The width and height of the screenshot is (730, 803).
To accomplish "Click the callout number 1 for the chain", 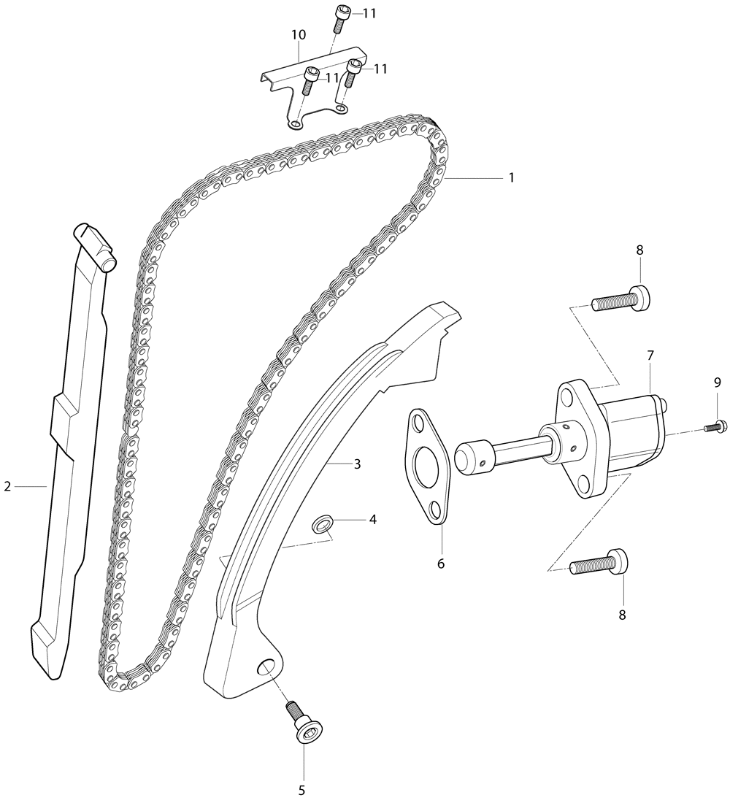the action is coord(511,177).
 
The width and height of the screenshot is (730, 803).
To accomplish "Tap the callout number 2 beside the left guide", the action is coord(7,486).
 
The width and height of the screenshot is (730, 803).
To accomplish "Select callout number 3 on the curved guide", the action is coord(357,464).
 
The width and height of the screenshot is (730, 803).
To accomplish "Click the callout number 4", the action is coord(373,519).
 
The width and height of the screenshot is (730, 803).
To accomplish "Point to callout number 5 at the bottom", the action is coord(301,789).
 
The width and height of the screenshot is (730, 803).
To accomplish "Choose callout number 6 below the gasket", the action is coord(441,564).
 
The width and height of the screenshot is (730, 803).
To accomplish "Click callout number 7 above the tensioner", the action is coord(650,355).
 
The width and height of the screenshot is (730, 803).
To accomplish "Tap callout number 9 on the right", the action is coord(717,382).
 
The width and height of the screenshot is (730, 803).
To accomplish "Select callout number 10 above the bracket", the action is coord(299,35).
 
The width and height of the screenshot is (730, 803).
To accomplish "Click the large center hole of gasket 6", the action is coord(427,466).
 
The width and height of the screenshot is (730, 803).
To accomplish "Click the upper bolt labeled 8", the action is coord(621,299).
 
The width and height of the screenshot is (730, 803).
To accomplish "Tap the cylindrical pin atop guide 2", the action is coord(97,248).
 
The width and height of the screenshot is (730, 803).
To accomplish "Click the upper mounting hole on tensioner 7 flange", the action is coord(567,396).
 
